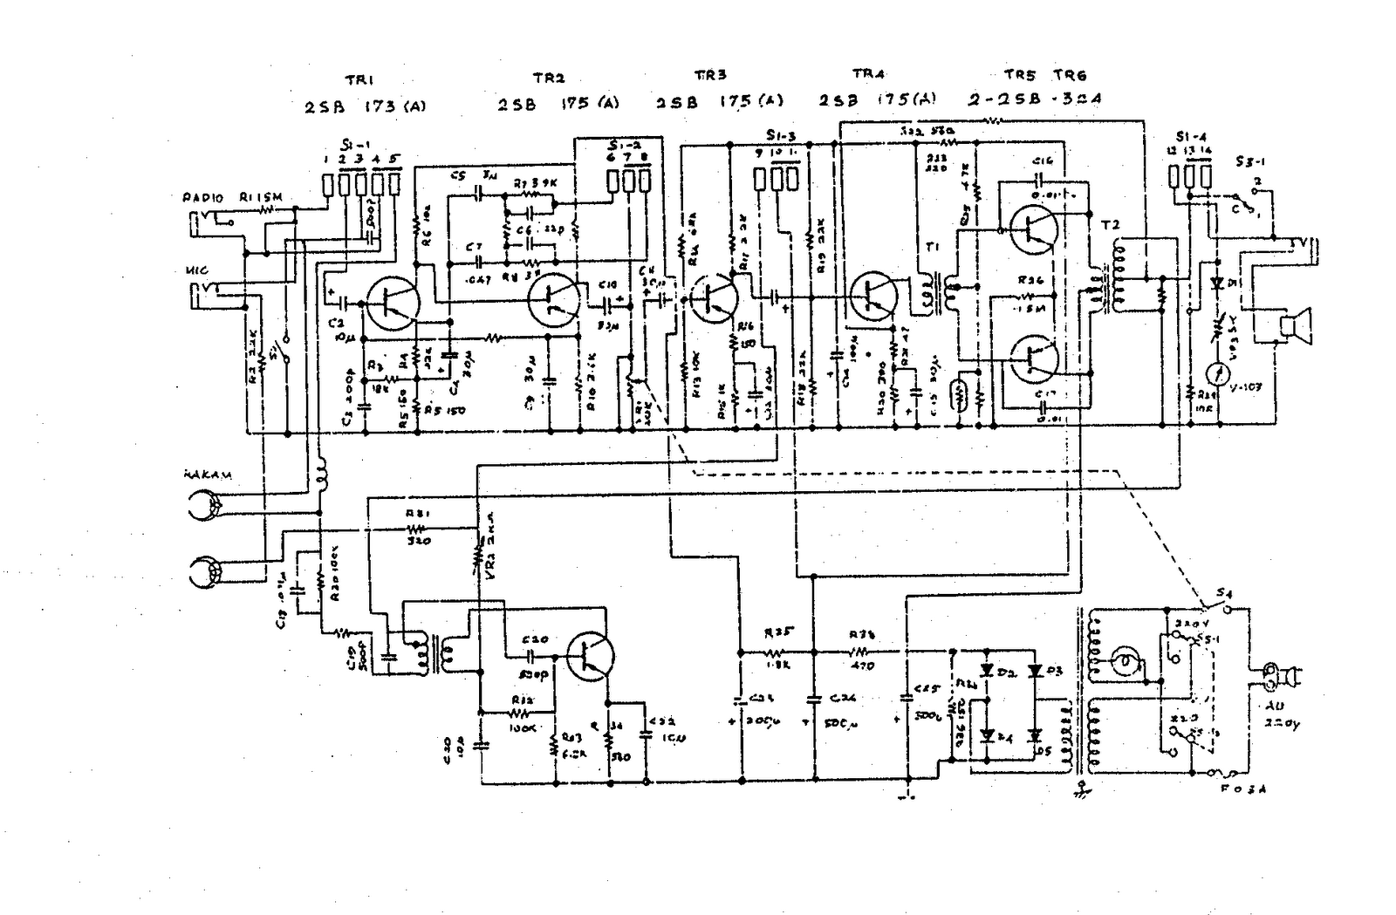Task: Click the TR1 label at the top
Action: click(359, 79)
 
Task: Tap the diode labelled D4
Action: click(988, 735)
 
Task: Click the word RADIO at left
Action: click(202, 198)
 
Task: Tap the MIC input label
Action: click(196, 271)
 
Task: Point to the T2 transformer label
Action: click(1109, 226)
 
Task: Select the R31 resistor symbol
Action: click(416, 529)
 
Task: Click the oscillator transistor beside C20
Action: click(590, 656)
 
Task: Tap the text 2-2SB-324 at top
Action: click(1034, 99)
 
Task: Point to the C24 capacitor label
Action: click(842, 698)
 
